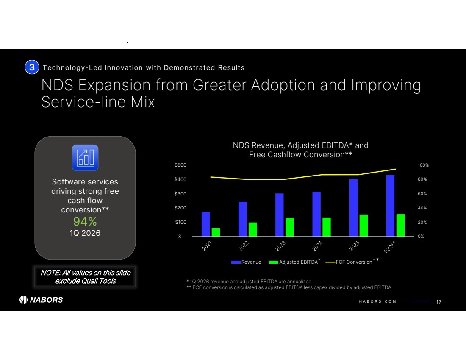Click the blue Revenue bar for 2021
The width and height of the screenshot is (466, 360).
click(205, 224)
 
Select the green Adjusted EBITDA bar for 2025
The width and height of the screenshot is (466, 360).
click(363, 225)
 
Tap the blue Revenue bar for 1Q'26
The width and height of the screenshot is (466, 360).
click(390, 206)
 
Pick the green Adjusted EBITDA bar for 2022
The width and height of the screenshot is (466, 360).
click(252, 229)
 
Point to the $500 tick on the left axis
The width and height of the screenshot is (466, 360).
click(180, 165)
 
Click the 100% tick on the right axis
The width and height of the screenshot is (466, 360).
click(423, 165)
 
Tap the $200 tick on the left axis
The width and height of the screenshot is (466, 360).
click(180, 208)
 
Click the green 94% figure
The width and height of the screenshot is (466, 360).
click(85, 221)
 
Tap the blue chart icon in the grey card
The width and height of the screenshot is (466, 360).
click(85, 158)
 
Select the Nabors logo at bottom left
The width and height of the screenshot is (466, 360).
click(41, 300)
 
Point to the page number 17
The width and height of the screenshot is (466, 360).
click(439, 301)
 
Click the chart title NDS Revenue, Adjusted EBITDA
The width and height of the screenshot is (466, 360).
click(300, 145)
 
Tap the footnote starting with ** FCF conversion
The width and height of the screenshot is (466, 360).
click(288, 287)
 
